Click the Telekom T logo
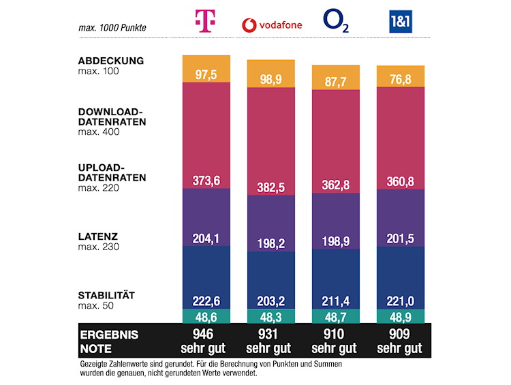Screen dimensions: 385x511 pyautogui.click(x=206, y=22)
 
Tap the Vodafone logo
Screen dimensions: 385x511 pyautogui.click(x=272, y=25)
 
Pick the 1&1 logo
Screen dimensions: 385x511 pyautogui.click(x=401, y=23)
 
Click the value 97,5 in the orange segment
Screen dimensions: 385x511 pyautogui.click(x=206, y=74)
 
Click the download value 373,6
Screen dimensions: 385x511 pyautogui.click(x=206, y=180)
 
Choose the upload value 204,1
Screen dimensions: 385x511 pyautogui.click(x=206, y=238)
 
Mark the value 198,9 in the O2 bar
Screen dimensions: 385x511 pyautogui.click(x=336, y=243)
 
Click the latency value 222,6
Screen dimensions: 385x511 pyautogui.click(x=206, y=301)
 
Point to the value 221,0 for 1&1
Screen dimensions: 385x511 pyautogui.click(x=401, y=301)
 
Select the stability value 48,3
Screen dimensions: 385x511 pyautogui.click(x=272, y=317)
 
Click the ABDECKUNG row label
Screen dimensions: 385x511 pyautogui.click(x=111, y=61)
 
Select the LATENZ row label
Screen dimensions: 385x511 pyautogui.click(x=99, y=236)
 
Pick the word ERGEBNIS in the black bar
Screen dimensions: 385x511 pyautogui.click(x=109, y=335)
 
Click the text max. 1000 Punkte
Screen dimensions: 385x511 pyautogui.click(x=113, y=28)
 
